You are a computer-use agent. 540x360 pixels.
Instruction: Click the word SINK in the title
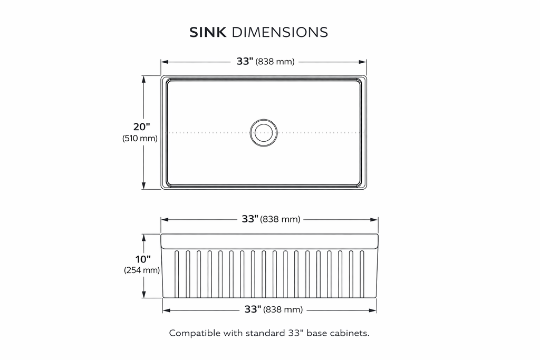208,32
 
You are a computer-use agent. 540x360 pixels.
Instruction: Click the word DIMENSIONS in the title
280,32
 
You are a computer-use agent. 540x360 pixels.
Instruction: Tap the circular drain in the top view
263,132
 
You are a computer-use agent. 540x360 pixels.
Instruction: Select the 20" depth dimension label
141,127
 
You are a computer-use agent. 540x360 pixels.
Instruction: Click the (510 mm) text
140,139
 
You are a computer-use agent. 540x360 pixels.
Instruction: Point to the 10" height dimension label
142,259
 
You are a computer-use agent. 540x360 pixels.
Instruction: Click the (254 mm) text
142,270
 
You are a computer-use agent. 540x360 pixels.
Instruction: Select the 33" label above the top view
245,62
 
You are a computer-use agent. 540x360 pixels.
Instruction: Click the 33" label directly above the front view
250,219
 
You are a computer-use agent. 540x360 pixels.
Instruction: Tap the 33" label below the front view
253,309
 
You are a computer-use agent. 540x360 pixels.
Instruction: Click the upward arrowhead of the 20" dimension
143,78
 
